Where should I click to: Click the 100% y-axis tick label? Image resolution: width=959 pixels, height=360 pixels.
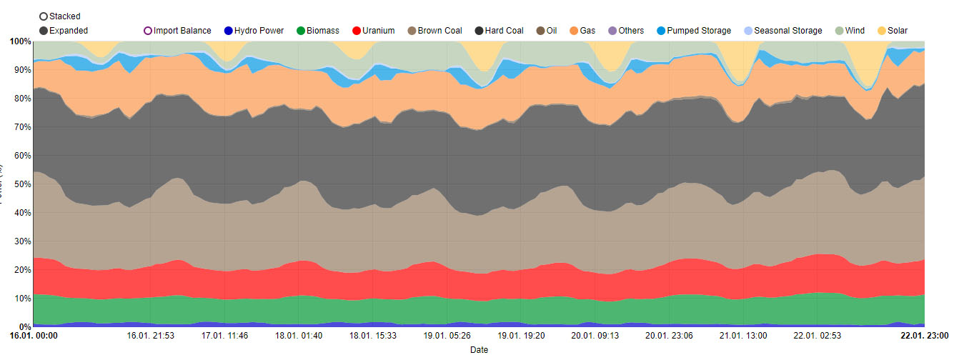click(x=19, y=41)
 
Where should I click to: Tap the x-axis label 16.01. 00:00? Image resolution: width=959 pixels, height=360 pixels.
click(x=33, y=334)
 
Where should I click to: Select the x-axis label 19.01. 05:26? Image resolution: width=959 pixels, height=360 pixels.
click(x=447, y=334)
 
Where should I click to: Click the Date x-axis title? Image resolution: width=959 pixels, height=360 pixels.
click(x=479, y=350)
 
